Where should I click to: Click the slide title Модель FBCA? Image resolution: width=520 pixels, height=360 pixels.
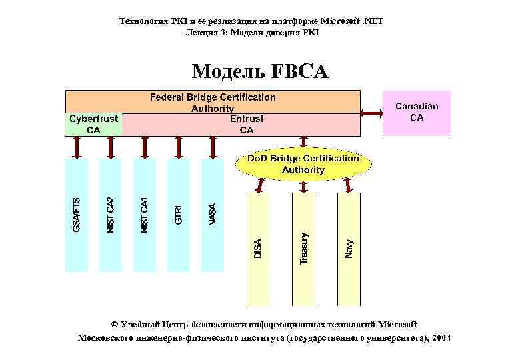click(x=260, y=71)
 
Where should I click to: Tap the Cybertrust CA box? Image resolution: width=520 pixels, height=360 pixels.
click(x=93, y=125)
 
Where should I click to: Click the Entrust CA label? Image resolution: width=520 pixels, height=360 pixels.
click(x=247, y=125)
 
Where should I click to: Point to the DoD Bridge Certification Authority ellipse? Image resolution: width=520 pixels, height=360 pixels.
click(x=303, y=164)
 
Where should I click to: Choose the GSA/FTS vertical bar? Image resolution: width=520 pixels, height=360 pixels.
click(x=76, y=215)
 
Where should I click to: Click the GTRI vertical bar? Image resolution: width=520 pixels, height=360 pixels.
click(x=178, y=215)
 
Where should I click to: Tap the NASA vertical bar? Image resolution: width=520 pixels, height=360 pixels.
click(x=212, y=215)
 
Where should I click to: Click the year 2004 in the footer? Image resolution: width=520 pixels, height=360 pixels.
click(x=441, y=338)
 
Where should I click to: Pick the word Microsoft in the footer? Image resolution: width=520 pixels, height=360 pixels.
click(x=397, y=325)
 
